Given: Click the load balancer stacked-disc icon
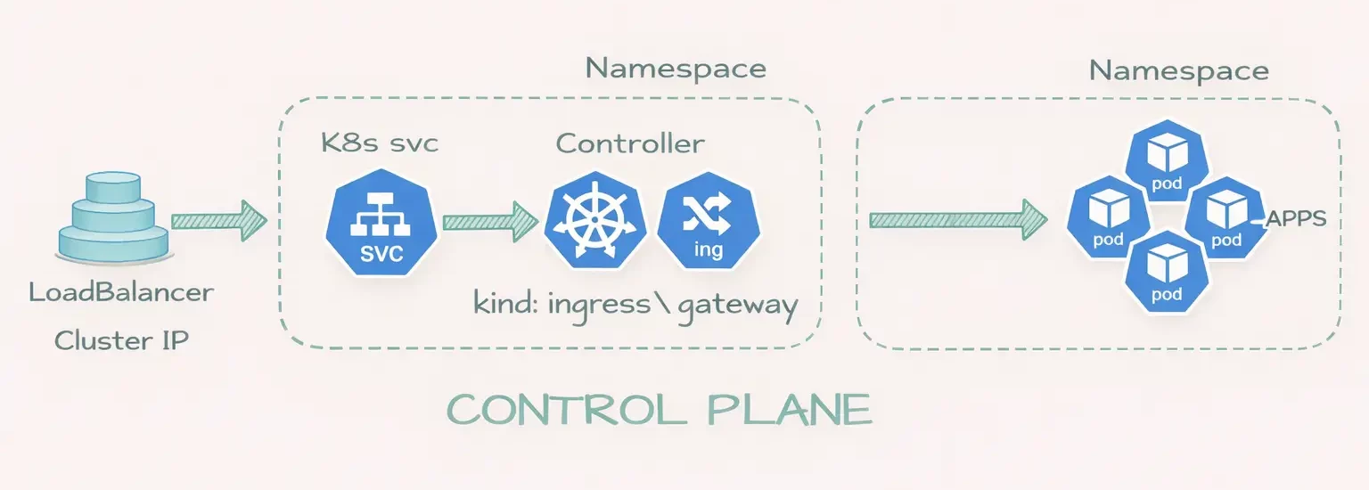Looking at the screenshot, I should click(112, 219).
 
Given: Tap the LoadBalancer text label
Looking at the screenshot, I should click(121, 293).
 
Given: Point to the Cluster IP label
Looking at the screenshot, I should click(121, 340).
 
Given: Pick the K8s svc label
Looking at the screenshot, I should click(380, 143).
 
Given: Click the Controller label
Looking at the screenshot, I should click(630, 143).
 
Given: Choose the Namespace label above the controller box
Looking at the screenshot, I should click(676, 69).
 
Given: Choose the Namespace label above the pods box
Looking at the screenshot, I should click(1179, 70).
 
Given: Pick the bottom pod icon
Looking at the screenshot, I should click(1166, 272).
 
